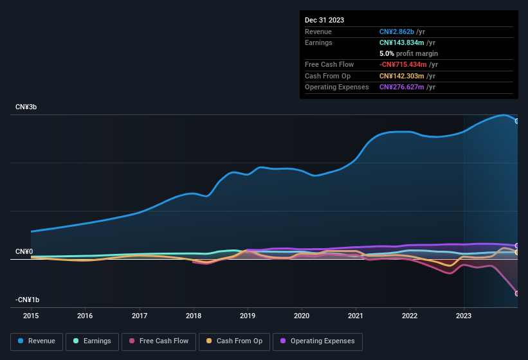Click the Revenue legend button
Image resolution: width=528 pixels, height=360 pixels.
tap(37, 341)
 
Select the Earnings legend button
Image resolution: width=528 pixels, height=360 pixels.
tap(92, 341)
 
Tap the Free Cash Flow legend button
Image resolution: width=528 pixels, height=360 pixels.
tap(159, 341)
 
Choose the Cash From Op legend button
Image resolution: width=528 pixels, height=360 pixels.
tap(234, 341)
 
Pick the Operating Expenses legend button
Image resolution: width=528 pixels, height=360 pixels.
tap(317, 341)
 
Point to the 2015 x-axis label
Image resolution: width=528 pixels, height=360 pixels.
tap(31, 316)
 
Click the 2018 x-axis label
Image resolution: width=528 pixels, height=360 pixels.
tap(194, 316)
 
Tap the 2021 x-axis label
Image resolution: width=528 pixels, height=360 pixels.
tap(356, 316)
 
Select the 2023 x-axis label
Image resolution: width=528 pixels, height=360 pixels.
tap(464, 316)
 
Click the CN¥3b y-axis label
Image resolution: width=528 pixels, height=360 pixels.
tap(26, 107)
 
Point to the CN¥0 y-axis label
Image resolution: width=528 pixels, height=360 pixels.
tap(24, 251)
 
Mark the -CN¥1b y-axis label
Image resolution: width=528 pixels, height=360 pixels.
tap(28, 300)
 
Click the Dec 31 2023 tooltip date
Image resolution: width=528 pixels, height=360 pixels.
tap(324, 20)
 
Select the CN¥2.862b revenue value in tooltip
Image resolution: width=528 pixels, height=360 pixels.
tap(397, 32)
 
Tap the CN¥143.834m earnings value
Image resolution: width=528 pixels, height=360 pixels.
tap(401, 42)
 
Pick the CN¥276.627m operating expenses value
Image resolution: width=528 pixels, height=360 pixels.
tap(402, 87)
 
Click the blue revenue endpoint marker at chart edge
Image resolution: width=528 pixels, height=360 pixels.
tap(516, 121)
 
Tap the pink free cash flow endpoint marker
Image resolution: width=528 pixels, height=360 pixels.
tap(516, 293)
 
